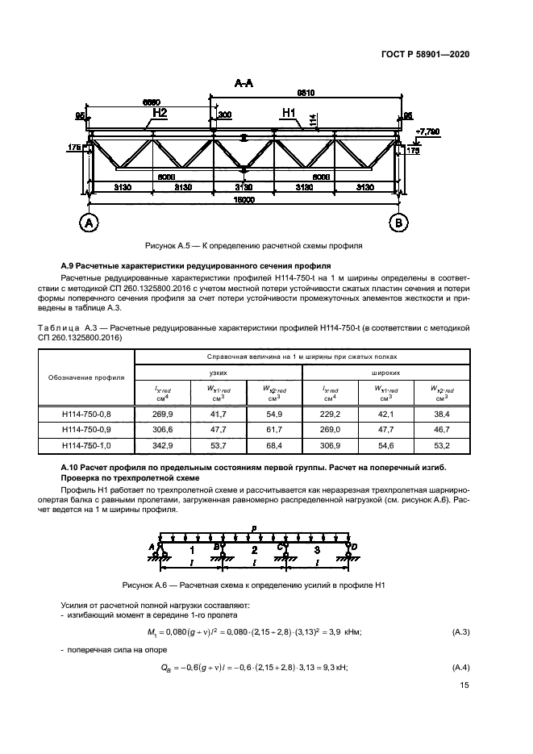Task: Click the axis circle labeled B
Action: [397, 222]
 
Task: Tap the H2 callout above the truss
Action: [160, 114]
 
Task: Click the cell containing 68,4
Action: [273, 446]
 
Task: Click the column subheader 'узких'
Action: [219, 373]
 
